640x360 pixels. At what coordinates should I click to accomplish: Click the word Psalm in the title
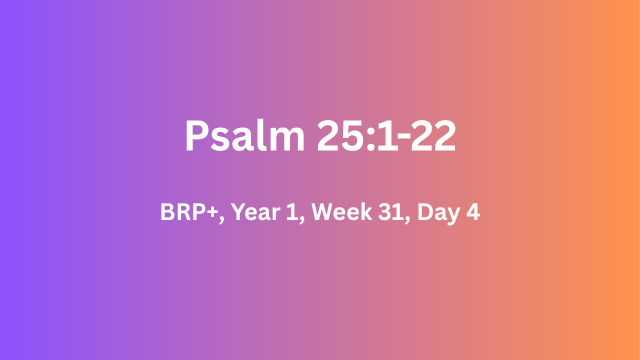point(245,135)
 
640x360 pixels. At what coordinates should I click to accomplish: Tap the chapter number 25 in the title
point(340,135)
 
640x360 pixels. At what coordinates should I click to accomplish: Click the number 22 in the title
point(433,135)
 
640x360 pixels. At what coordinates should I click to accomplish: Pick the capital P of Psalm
point(197,135)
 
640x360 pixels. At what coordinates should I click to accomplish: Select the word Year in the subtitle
point(255,211)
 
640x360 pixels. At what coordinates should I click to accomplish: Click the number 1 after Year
point(291,211)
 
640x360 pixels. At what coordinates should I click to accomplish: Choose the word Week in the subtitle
point(341,211)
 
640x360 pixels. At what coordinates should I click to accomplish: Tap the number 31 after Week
point(390,211)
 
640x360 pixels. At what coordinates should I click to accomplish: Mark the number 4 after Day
point(473,211)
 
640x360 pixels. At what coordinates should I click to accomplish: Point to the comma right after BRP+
point(221,220)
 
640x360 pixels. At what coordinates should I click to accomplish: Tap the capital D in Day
point(425,211)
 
